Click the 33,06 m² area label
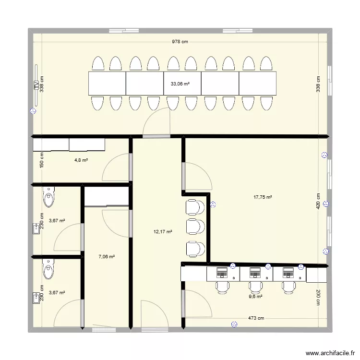click(180, 84)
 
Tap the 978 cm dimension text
click(180, 42)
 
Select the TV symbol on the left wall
click(36, 85)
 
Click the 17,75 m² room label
click(263, 197)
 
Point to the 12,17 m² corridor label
click(163, 232)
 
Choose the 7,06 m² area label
click(107, 257)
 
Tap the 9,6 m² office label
click(255, 297)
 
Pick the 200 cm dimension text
click(318, 298)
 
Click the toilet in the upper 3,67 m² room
click(49, 195)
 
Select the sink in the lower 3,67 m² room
click(36, 299)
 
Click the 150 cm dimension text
click(42, 160)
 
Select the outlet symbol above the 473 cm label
click(234, 325)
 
